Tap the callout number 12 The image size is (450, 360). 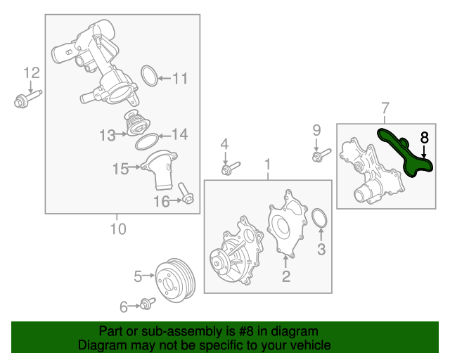coord(32,72)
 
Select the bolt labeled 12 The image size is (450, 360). coord(27,99)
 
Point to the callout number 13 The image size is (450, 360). coord(107,134)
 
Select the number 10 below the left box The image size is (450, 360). coord(117,229)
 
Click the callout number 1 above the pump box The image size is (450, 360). coord(267,165)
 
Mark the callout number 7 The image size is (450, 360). coord(385,108)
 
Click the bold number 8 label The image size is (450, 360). coord(424,137)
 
